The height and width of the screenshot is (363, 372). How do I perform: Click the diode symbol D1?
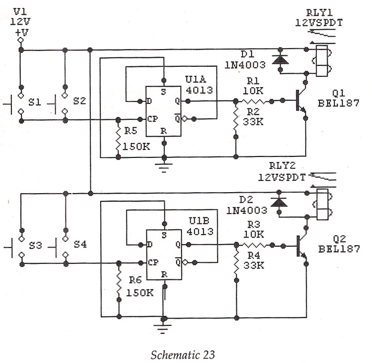(x=281, y=60)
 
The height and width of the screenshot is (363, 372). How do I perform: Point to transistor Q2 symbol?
(x=301, y=246)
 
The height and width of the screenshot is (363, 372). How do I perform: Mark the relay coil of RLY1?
(x=321, y=61)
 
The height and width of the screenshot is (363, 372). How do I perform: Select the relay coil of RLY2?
(x=321, y=204)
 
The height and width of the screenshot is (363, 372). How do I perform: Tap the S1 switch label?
(x=34, y=102)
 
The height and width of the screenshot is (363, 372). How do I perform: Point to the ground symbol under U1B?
(x=163, y=327)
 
